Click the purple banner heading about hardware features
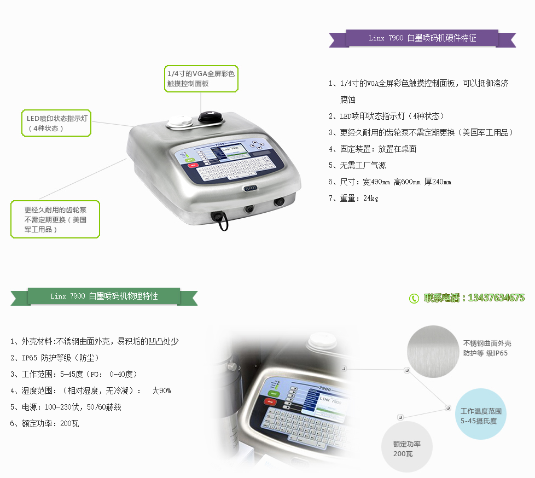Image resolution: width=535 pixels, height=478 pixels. (422, 38)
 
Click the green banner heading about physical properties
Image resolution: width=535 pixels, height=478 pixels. (104, 296)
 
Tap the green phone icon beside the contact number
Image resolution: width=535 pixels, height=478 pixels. (414, 299)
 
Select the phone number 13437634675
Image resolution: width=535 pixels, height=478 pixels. (496, 298)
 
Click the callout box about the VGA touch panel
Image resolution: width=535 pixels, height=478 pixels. (201, 79)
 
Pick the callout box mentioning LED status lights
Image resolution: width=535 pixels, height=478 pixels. (56, 123)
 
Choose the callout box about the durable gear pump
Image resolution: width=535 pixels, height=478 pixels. (55, 219)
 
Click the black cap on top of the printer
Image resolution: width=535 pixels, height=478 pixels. (211, 116)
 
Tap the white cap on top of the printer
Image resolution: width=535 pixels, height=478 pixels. (180, 121)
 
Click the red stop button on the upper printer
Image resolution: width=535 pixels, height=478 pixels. (193, 166)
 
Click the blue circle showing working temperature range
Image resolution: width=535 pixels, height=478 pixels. (481, 414)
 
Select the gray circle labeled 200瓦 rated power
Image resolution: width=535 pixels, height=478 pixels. (406, 447)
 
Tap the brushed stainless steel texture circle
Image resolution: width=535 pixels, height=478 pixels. (433, 352)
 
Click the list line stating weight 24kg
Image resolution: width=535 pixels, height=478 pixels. (353, 198)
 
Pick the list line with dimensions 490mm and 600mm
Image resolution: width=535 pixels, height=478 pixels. (390, 182)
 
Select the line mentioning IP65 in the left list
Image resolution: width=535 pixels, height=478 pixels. (55, 358)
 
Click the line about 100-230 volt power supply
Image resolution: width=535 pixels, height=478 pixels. (66, 407)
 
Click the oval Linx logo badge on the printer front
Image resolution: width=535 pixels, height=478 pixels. (251, 188)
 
